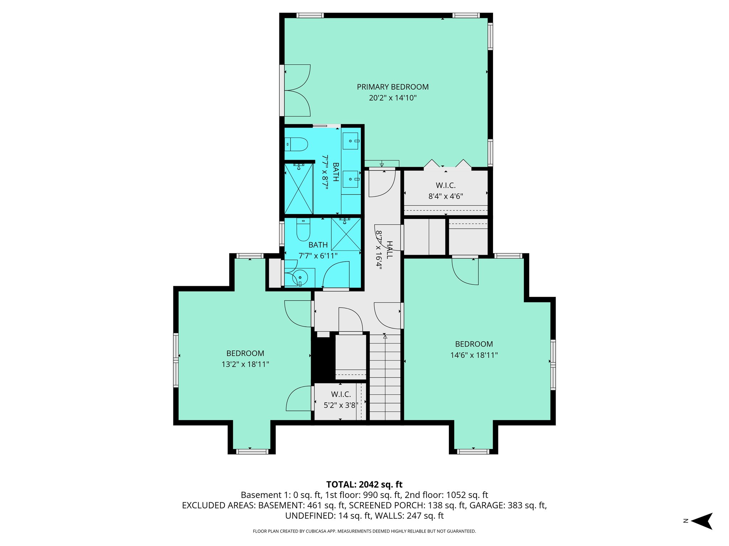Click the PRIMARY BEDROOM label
pos(393,87)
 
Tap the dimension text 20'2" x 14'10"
pos(393,98)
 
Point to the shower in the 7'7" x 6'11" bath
pos(346,234)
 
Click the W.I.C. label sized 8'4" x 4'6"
pos(446,185)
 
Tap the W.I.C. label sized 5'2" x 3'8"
pos(341,394)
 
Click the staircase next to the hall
pos(385,377)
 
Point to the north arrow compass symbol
pos(702,521)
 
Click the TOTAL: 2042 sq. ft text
pos(364,485)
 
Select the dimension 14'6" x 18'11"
pos(474,355)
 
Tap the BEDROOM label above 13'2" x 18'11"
pos(245,353)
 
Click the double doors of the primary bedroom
pos(297,90)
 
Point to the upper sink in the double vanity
pos(351,141)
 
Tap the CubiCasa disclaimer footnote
pos(364,531)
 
